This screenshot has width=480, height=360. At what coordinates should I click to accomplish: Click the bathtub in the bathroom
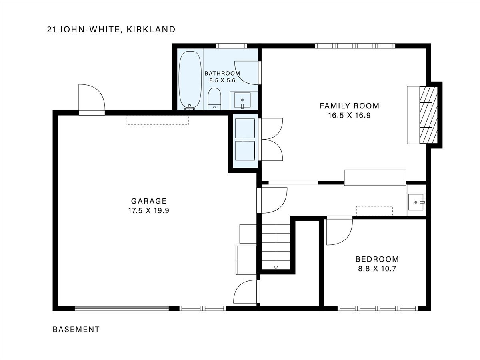click(x=190, y=80)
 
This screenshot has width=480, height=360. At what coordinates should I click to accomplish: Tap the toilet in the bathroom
click(x=214, y=99)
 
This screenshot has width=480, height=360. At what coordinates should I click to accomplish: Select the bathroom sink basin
click(x=242, y=100)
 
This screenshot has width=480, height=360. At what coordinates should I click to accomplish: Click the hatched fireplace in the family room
click(x=428, y=115)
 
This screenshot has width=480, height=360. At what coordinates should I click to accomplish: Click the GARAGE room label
click(x=149, y=201)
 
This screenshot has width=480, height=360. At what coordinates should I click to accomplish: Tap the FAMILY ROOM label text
click(x=350, y=106)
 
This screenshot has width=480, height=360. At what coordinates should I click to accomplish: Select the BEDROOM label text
click(x=377, y=259)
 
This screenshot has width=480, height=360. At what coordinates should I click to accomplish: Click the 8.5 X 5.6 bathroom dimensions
click(x=222, y=80)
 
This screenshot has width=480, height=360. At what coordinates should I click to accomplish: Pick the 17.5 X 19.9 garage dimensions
click(x=149, y=211)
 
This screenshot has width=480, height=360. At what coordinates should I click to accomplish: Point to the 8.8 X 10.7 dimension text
click(x=377, y=269)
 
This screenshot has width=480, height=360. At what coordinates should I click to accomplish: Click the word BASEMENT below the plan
click(x=76, y=329)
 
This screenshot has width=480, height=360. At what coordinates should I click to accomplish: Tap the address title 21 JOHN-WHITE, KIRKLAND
click(x=111, y=30)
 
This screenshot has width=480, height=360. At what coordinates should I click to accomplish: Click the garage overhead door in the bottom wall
click(x=122, y=308)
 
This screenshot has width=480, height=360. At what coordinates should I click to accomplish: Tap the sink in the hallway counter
click(x=416, y=202)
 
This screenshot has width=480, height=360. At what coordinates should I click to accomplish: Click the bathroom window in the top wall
click(x=232, y=46)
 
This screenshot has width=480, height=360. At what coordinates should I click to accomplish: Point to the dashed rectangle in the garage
click(x=157, y=120)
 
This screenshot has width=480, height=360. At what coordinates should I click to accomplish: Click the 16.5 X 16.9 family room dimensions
click(x=350, y=116)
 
